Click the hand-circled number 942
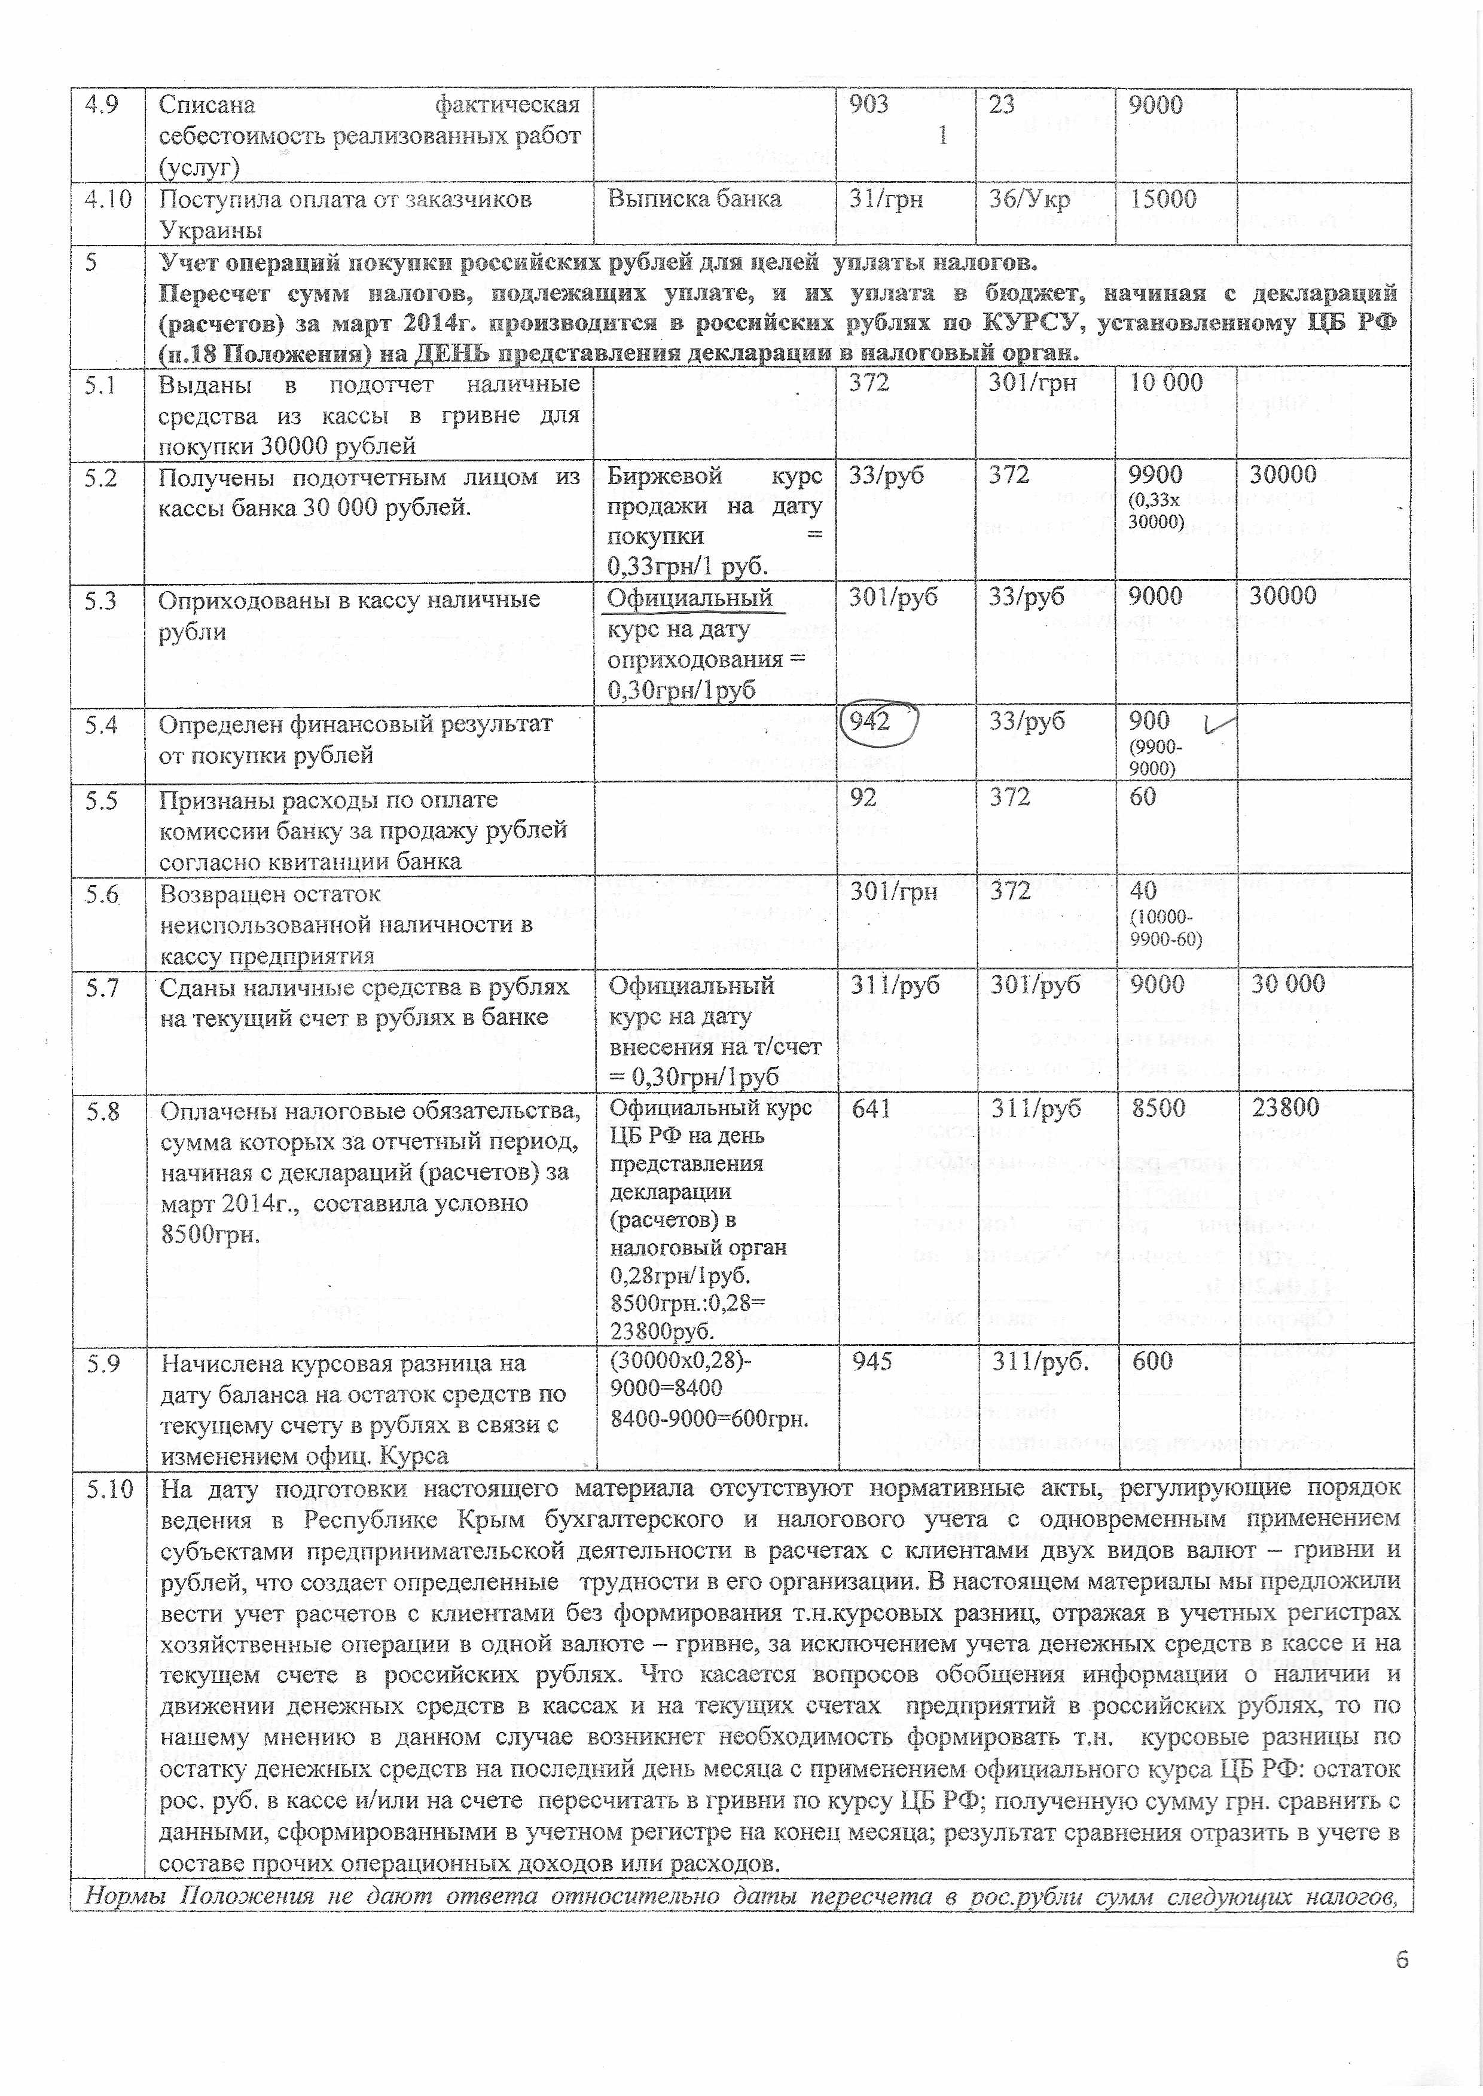click(869, 721)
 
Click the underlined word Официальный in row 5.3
click(690, 598)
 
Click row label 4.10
click(108, 199)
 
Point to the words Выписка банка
click(694, 199)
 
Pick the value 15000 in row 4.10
click(1162, 199)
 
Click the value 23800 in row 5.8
click(1285, 1108)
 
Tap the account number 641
click(871, 1108)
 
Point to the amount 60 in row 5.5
click(1142, 797)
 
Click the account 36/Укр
click(1029, 199)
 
